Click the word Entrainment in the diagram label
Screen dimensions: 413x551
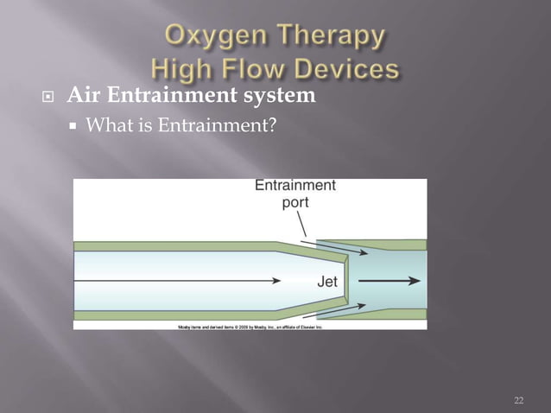pos(295,185)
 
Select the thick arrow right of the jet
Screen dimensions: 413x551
pos(389,281)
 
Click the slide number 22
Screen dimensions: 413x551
pos(518,399)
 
